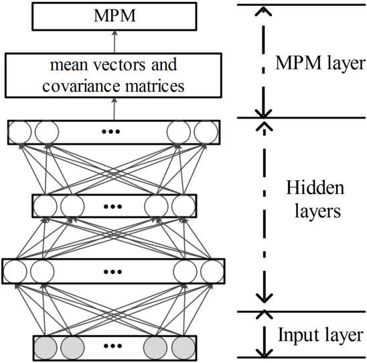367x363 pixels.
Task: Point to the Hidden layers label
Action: coord(314,200)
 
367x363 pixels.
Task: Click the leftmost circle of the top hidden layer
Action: coord(19,132)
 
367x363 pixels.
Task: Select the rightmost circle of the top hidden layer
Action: coord(206,132)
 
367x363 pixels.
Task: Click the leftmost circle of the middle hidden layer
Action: coord(44,205)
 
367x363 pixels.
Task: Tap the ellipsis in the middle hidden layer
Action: coord(113,206)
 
